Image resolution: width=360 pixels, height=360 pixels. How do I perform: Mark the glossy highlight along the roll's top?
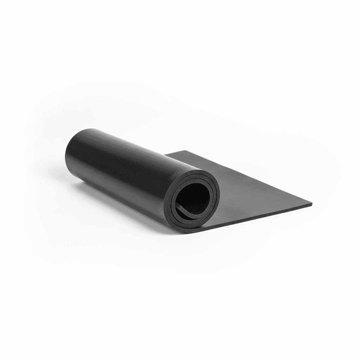[x=123, y=141]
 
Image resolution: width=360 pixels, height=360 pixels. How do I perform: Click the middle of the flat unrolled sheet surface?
[x=246, y=190]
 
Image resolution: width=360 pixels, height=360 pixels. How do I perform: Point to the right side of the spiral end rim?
[x=218, y=197]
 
